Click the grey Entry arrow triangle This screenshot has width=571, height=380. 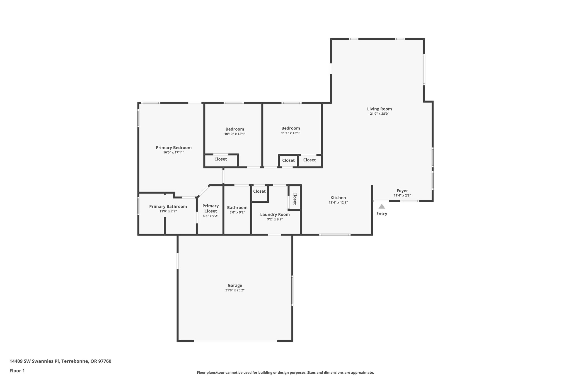(382, 207)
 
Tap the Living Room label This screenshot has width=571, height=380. (379, 109)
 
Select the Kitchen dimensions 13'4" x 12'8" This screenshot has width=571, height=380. (338, 203)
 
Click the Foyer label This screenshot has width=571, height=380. (402, 191)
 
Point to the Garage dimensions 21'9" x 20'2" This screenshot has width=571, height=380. (235, 290)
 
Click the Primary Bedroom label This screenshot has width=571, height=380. (173, 148)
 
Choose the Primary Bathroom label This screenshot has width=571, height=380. (168, 206)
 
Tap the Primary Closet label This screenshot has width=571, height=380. (211, 208)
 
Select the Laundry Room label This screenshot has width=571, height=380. (275, 214)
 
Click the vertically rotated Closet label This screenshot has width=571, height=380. (295, 198)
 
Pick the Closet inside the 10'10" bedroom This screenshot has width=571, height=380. (220, 159)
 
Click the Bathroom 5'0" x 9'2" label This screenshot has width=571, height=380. (237, 207)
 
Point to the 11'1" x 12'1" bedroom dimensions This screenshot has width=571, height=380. (291, 133)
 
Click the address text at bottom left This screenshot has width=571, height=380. (60, 361)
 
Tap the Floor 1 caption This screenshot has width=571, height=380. (17, 371)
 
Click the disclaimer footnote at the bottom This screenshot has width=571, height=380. (285, 372)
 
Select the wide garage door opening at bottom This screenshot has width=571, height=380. (236, 341)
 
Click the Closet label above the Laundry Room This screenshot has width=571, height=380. (259, 191)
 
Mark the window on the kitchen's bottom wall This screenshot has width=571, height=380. (335, 235)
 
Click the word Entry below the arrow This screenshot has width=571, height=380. (382, 214)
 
